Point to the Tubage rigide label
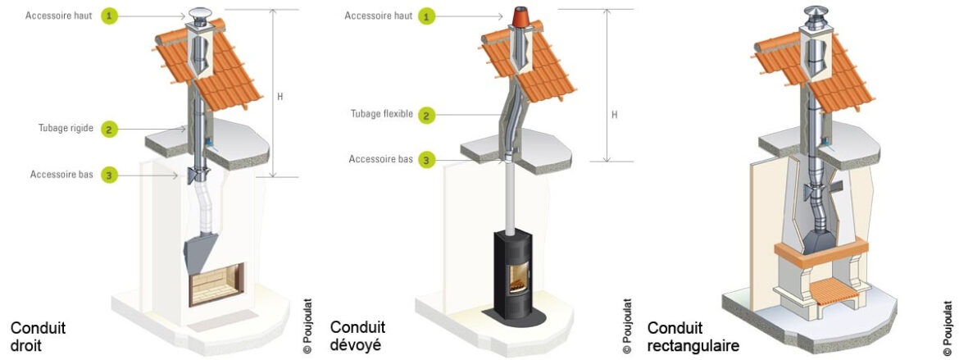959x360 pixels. coord(66,129)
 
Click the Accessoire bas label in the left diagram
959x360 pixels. coord(61,175)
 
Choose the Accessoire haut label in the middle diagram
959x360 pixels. coord(378,16)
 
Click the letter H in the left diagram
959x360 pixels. coord(280,97)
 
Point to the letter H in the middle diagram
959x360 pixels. coord(614,115)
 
